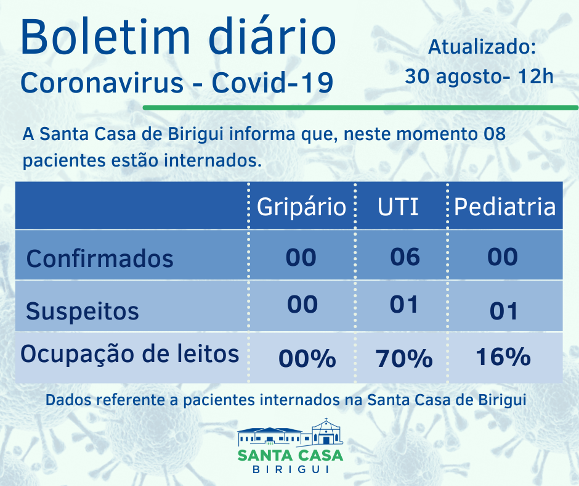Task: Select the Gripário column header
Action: point(301,207)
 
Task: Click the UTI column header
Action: point(398,207)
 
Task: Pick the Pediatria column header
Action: point(505,207)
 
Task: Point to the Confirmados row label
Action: point(100,258)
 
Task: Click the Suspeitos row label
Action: point(82,311)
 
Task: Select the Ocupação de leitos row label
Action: point(129,355)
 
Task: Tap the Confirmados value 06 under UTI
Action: point(405,257)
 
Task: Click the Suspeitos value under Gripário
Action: point(302,304)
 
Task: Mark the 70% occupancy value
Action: point(404,358)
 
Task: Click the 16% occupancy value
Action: point(503,357)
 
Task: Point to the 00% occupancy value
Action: point(307,358)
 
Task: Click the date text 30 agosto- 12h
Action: point(479,76)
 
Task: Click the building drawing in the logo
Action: point(290,434)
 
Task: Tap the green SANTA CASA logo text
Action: point(290,456)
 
